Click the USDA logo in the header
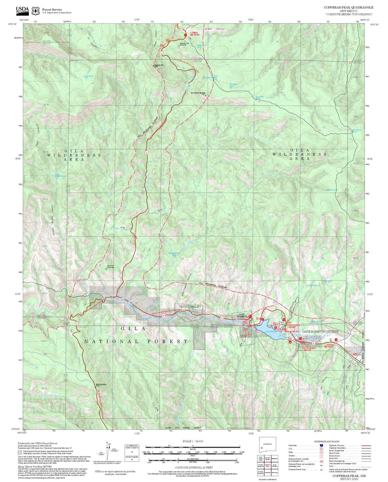22,10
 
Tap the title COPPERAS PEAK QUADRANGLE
348,8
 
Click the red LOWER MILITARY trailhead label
195,34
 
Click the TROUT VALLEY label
190,307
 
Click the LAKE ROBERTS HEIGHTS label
320,332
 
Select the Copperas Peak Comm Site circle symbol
179,46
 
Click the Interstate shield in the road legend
321,445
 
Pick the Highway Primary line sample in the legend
366,445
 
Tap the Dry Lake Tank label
259,97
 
